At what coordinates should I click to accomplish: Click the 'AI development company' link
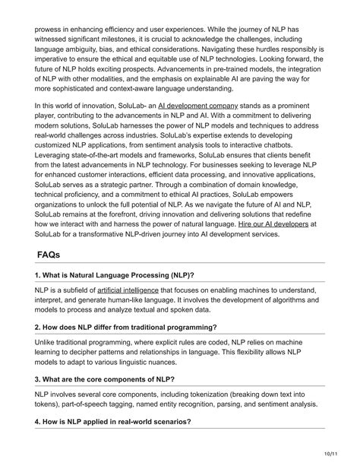click(x=197, y=105)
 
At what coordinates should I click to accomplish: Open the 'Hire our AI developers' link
click(x=272, y=225)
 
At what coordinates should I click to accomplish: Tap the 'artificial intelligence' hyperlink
click(x=128, y=290)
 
